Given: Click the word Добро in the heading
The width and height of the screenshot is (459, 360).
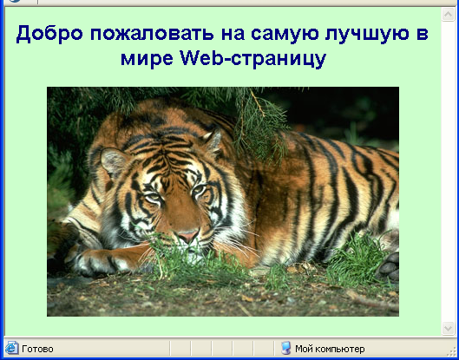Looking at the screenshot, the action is coord(49,33).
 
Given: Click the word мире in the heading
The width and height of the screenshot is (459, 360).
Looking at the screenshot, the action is coord(147,59).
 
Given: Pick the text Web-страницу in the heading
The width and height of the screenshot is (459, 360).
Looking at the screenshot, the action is coord(253,58).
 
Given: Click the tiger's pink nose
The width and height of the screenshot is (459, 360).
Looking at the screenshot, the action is coord(187,236).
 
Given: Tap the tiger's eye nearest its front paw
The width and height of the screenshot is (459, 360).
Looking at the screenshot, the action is coord(153,198).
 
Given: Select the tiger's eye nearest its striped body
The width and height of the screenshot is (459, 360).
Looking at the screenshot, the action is coord(199,189).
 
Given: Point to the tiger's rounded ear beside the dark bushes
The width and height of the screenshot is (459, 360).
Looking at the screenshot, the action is coord(113,162).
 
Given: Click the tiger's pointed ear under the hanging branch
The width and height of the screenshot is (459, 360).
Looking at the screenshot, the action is coord(214,141).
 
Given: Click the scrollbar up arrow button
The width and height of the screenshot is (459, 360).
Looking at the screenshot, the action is coord(449,14).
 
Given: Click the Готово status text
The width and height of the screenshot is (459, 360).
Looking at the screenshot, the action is coord(37,349).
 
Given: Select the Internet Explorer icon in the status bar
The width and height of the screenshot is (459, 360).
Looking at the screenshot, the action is coord(12,348).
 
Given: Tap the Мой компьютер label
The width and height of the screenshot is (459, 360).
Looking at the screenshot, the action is coord(330,349).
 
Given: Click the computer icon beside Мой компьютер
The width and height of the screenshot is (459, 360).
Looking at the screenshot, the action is coord(286,348).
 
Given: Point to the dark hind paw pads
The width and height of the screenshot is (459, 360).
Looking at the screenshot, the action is coord(389,265).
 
